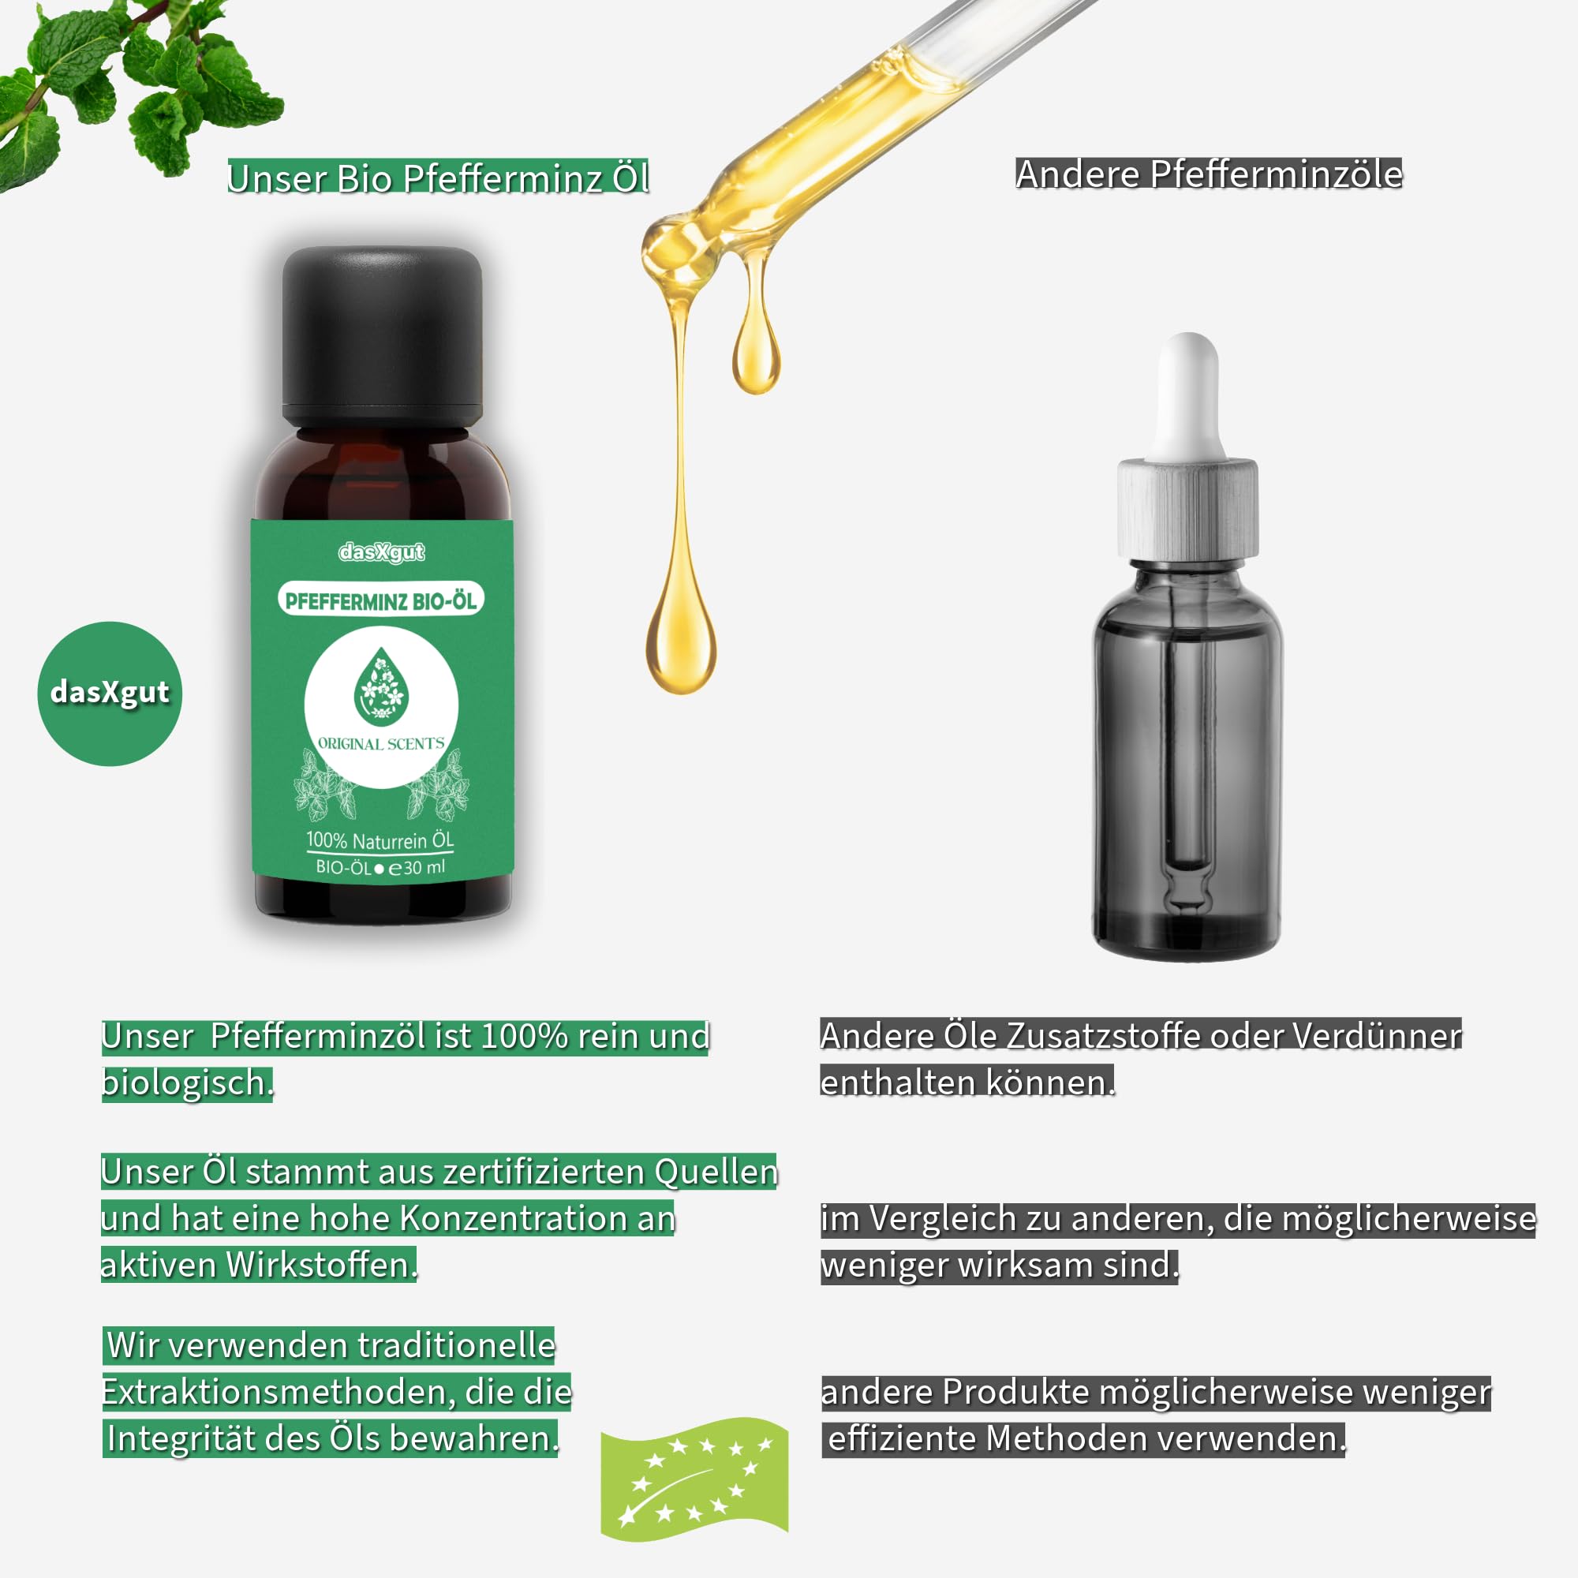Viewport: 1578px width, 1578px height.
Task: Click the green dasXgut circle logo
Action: coord(110,694)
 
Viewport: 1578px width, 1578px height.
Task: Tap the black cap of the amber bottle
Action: coord(382,335)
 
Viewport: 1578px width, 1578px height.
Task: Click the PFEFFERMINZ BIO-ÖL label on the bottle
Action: coord(380,600)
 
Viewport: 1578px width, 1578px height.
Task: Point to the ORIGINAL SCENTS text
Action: coord(380,743)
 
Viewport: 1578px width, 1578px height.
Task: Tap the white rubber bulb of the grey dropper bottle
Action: coord(1188,397)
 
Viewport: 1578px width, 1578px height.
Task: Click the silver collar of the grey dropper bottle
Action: coord(1188,508)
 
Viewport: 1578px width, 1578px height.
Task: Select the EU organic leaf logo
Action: coord(695,1479)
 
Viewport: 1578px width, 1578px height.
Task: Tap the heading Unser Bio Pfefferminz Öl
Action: coord(438,178)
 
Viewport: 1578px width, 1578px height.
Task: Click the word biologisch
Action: coord(187,1083)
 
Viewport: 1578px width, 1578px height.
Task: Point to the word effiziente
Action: coord(902,1438)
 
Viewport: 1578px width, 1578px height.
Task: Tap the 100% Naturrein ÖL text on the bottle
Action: coord(380,839)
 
